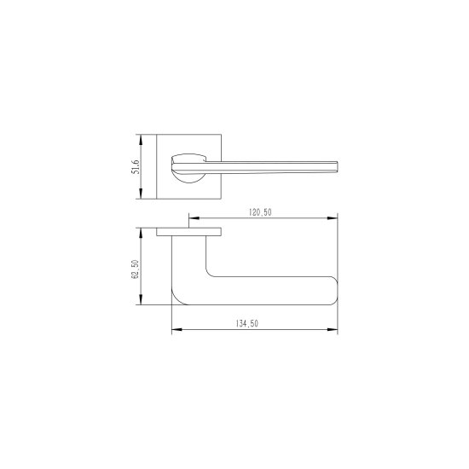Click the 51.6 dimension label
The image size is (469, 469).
[x=136, y=167]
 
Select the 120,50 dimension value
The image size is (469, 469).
[x=260, y=212]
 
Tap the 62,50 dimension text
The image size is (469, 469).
[x=136, y=269]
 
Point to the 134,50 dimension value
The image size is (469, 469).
[x=247, y=324]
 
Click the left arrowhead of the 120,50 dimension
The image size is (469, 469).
[x=194, y=218]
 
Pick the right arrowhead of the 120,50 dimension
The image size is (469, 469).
[x=333, y=218]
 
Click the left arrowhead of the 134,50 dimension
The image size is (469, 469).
[x=177, y=330]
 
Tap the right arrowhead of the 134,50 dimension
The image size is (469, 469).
[x=333, y=330]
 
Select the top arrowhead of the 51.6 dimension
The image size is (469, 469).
[x=141, y=140]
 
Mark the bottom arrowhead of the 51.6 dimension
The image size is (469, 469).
[x=141, y=194]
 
